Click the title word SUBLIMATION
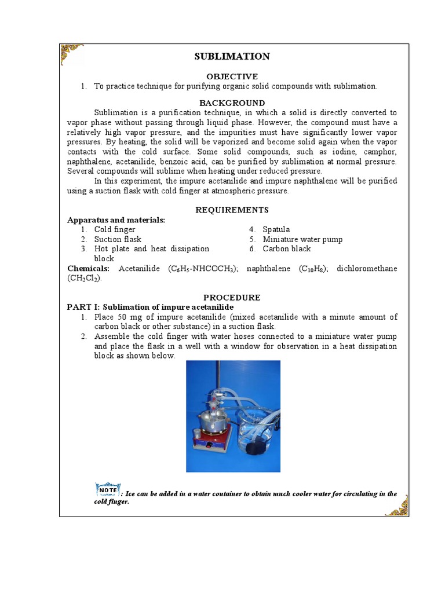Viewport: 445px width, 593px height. tap(232, 56)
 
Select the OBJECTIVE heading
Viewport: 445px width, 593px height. tap(232, 76)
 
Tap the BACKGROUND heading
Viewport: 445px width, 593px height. tap(232, 103)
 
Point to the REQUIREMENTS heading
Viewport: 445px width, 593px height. tap(232, 210)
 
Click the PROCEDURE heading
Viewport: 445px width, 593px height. tap(232, 297)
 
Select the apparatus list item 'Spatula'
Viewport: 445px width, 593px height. tap(276, 230)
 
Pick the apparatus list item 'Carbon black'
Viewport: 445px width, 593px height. tap(286, 249)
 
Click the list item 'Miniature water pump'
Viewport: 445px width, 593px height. tap(302, 239)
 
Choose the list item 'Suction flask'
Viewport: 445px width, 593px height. tap(118, 239)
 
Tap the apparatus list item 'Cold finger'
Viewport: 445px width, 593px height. tap(115, 230)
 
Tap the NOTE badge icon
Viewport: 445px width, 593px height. tap(108, 490)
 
